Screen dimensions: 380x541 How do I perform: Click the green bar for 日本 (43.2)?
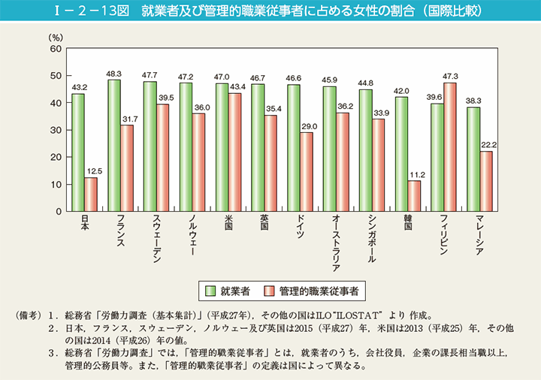point(78,152)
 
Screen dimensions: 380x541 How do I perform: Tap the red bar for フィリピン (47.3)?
point(450,147)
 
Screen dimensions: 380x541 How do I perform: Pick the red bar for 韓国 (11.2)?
point(414,196)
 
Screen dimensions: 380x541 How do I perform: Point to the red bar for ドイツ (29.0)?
point(307,172)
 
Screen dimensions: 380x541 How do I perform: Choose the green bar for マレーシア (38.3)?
point(473,159)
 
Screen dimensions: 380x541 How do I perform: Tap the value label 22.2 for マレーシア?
point(487,144)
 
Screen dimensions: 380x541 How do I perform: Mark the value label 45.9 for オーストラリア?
point(329,80)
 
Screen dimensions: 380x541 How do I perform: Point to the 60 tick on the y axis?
point(56,49)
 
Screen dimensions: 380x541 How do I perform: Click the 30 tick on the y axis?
point(56,130)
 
